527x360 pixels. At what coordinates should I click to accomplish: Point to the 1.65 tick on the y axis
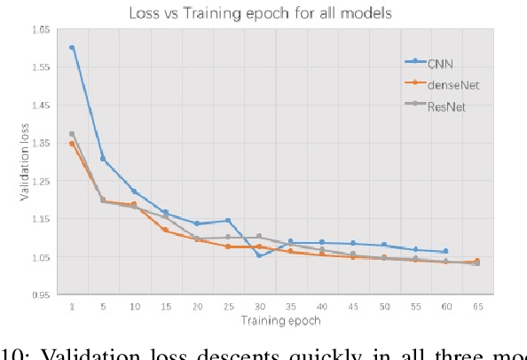tap(40, 29)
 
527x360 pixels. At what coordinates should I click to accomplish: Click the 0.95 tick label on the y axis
tap(40, 295)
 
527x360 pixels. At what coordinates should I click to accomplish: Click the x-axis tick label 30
tap(259, 307)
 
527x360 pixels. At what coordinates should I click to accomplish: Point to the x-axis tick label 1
tap(72, 307)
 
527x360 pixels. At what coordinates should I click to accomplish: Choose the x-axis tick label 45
tap(352, 307)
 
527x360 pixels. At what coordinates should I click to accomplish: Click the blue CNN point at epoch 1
tap(72, 48)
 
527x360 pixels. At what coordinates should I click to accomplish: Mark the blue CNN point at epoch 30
tap(259, 255)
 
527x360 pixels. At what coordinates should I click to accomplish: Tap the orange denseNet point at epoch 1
tap(72, 144)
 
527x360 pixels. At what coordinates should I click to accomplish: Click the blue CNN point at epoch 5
tap(103, 160)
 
